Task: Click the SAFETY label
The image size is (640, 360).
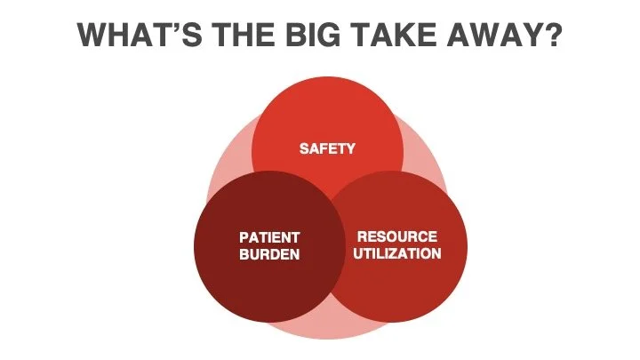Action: tap(326, 148)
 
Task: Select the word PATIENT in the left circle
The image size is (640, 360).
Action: tap(269, 238)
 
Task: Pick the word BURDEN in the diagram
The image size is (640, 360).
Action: tap(269, 254)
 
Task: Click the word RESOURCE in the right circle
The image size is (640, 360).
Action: tap(397, 237)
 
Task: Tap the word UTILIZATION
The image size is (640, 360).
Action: tap(397, 253)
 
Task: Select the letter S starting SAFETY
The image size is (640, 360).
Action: tap(303, 148)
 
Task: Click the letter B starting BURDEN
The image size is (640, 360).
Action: tap(244, 254)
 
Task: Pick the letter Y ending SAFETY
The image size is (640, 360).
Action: tap(350, 148)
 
